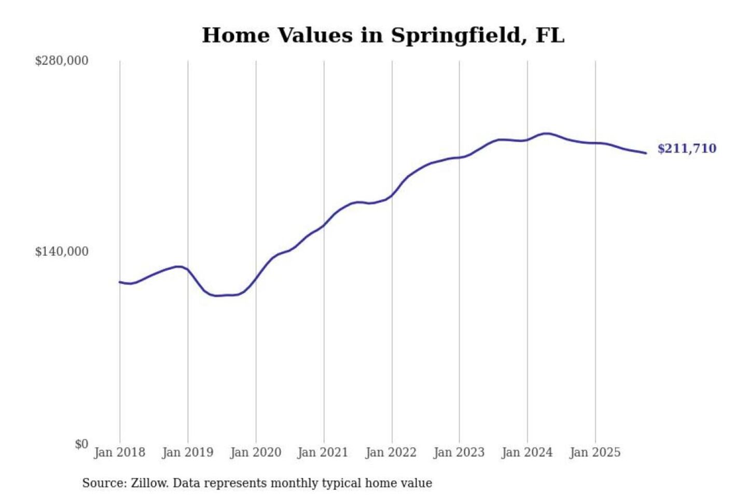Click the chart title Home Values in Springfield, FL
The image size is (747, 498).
383,35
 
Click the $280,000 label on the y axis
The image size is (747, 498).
62,61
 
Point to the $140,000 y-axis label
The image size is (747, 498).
62,252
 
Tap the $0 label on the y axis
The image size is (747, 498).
81,444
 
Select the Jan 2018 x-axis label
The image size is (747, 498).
119,452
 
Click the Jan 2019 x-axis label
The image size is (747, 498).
187,452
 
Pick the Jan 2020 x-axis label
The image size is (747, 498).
255,452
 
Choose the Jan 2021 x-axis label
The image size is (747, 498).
323,452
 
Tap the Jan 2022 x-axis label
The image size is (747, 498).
391,452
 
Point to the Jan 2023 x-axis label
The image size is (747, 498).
459,452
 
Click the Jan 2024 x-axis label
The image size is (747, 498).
527,452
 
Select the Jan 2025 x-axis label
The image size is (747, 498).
594,452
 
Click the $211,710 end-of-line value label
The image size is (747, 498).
687,149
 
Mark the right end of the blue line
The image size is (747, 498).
646,153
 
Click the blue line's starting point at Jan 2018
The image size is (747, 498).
120,282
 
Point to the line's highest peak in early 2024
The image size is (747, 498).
546,133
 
